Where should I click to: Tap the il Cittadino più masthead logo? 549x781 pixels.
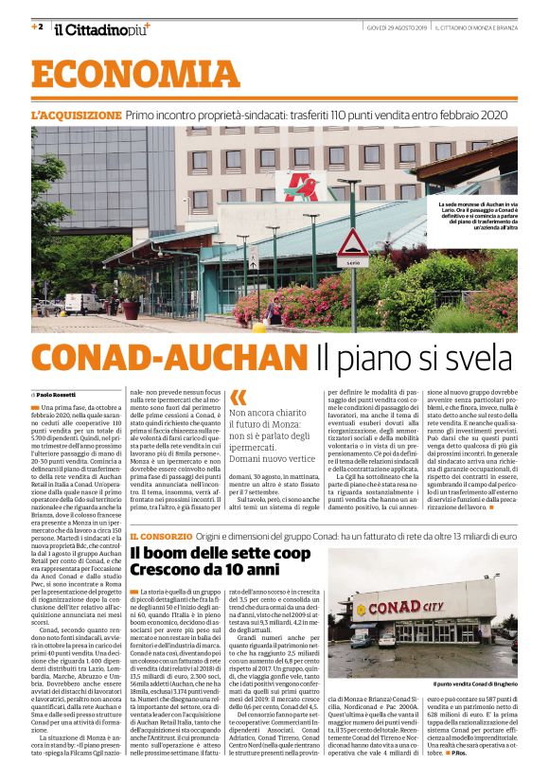coord(100,29)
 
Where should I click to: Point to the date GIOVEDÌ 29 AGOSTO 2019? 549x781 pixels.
coord(397,28)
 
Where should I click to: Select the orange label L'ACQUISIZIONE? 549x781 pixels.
coord(76,115)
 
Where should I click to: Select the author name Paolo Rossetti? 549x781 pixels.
coord(60,393)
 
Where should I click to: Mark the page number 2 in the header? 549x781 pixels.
coord(37,27)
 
